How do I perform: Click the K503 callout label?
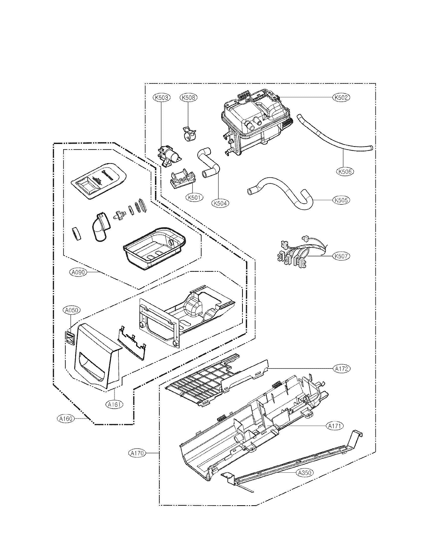[x=161, y=98]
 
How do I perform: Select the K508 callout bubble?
[x=188, y=98]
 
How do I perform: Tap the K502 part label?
[x=341, y=97]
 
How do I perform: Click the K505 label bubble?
[x=341, y=200]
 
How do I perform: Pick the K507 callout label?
[x=341, y=256]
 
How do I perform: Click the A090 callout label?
[x=78, y=272]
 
